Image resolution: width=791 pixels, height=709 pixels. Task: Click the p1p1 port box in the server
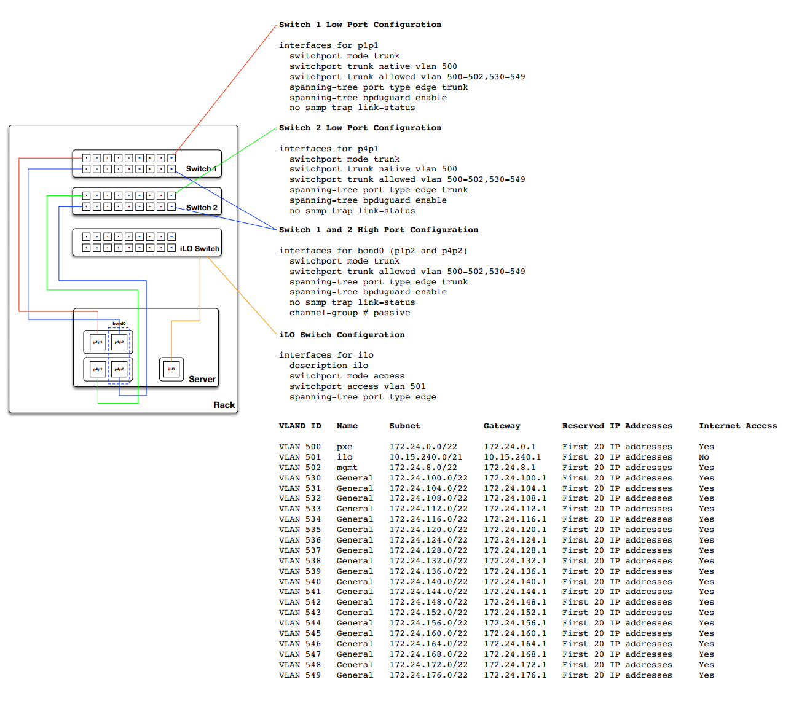click(x=98, y=342)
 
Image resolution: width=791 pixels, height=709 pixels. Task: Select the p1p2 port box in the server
click(x=119, y=342)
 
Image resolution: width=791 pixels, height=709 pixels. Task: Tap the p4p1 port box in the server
click(x=98, y=369)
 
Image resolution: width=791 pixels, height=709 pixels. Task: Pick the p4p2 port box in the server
click(x=119, y=369)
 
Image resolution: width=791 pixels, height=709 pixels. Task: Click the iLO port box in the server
click(x=171, y=369)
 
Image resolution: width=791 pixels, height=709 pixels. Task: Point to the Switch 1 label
click(x=201, y=169)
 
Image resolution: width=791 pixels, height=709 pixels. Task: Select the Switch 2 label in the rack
click(x=202, y=208)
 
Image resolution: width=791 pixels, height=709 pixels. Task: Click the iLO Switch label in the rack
click(x=199, y=249)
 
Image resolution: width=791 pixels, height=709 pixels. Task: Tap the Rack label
click(x=224, y=405)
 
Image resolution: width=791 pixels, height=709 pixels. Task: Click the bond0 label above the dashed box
click(x=119, y=324)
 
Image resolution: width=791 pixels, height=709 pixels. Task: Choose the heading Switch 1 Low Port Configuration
click(x=360, y=25)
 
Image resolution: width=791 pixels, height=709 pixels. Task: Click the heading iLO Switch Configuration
click(x=342, y=335)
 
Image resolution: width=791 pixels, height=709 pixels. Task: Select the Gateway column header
click(x=502, y=426)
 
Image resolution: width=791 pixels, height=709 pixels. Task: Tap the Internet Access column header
click(x=738, y=426)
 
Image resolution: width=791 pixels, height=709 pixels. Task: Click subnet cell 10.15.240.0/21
click(x=425, y=457)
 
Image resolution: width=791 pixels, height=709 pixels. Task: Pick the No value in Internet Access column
click(x=704, y=457)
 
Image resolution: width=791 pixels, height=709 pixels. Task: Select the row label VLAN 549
click(x=299, y=675)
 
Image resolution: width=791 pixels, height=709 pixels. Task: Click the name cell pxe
click(x=344, y=447)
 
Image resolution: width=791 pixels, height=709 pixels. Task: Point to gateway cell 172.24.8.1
click(x=510, y=468)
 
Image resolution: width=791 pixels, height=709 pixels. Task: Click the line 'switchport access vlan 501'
click(x=357, y=386)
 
